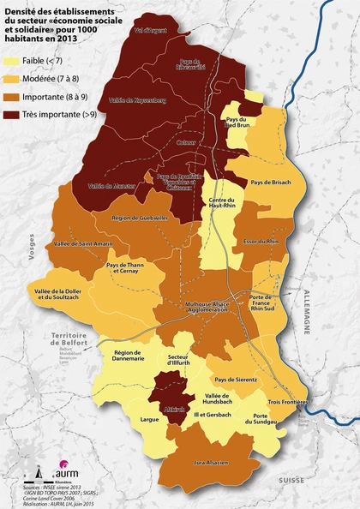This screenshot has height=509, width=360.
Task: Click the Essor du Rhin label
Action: pos(261,243)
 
